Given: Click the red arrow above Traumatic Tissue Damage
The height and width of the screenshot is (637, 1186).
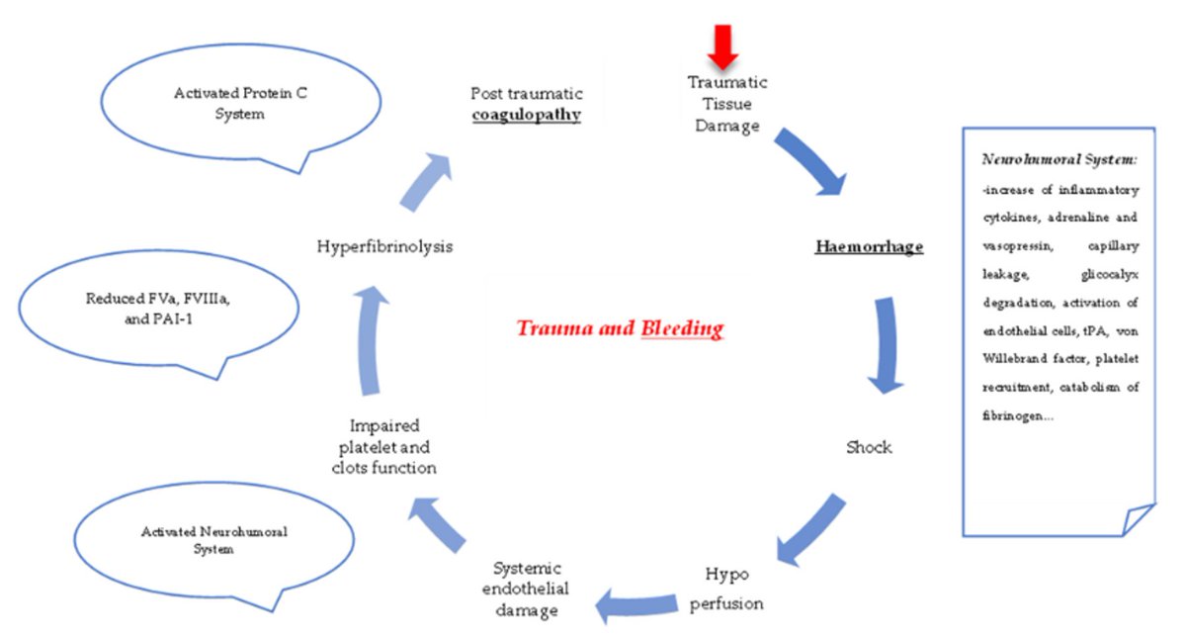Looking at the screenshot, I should pyautogui.click(x=725, y=45).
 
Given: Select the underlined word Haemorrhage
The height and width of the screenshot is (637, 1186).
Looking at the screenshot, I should pyautogui.click(x=869, y=246).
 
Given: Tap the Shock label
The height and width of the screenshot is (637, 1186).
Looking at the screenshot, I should pyautogui.click(x=868, y=447).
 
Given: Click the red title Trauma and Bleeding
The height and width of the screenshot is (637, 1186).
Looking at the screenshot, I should pyautogui.click(x=619, y=328).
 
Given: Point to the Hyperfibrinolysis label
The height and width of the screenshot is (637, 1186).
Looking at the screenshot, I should pyautogui.click(x=384, y=246).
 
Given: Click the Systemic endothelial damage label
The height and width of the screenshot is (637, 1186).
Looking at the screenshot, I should pyautogui.click(x=527, y=590).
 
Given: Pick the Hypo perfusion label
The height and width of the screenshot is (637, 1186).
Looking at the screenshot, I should pyautogui.click(x=732, y=588).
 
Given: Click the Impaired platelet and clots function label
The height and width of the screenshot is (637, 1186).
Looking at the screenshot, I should pyautogui.click(x=384, y=446).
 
